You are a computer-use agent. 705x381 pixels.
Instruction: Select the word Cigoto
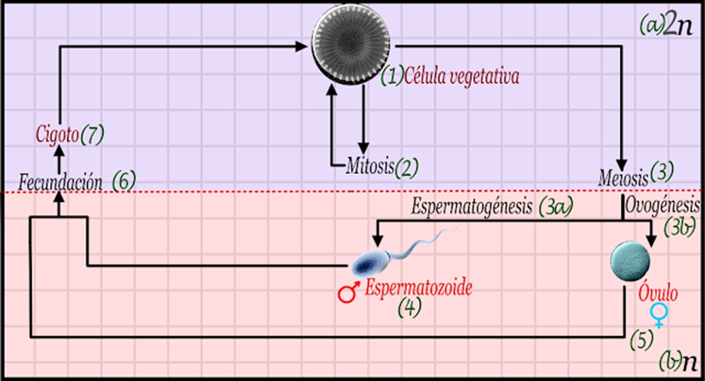click(x=57, y=136)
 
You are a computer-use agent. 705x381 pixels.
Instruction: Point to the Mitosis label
click(x=370, y=165)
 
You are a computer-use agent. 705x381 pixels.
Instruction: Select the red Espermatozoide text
click(x=413, y=288)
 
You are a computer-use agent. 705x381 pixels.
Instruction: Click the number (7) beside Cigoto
click(x=93, y=136)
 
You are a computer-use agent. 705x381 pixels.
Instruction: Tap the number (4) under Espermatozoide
click(x=411, y=308)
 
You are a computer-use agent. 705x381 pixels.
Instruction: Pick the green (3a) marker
click(x=557, y=208)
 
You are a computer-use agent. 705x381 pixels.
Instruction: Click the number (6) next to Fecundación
click(x=124, y=182)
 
